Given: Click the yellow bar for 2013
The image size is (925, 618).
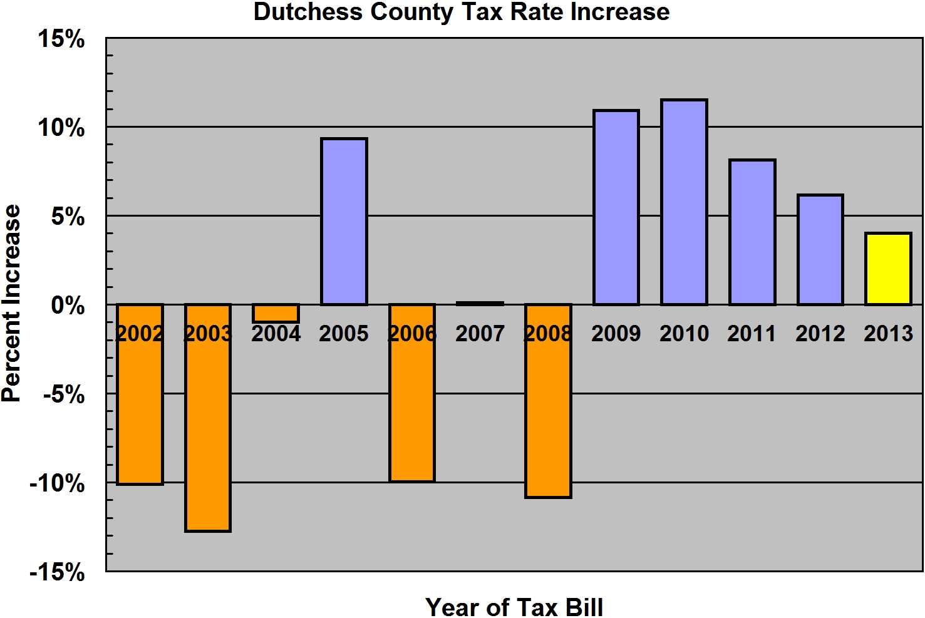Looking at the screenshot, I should tap(888, 269).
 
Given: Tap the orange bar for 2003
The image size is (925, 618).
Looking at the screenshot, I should tap(208, 438).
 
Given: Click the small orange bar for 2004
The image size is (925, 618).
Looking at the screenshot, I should tap(276, 313).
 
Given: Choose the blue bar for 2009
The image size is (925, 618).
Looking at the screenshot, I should tap(616, 207).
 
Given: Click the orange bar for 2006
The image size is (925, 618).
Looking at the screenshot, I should tap(412, 413).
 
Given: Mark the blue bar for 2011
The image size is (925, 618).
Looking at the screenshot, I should tap(752, 232).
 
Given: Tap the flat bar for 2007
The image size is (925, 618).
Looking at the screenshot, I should tap(480, 304).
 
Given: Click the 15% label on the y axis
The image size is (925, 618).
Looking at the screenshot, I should tap(61, 39).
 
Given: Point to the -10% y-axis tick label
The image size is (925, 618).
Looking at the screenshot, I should tap(57, 483).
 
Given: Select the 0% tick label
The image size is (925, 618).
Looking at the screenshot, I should tap(68, 306).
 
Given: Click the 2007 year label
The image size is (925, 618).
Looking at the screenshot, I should tap(480, 334).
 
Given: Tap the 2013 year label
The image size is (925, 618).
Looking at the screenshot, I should tap(888, 334).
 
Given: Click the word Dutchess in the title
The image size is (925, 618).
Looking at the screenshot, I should tap(307, 13).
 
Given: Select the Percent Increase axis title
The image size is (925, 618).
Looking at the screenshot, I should tap(12, 303).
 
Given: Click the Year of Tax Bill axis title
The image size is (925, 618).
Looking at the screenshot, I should tap(514, 606).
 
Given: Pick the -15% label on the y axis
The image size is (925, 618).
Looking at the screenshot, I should tap(57, 572).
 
